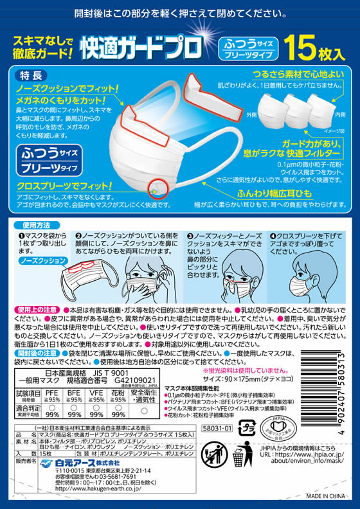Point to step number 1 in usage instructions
click(x=22, y=237)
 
